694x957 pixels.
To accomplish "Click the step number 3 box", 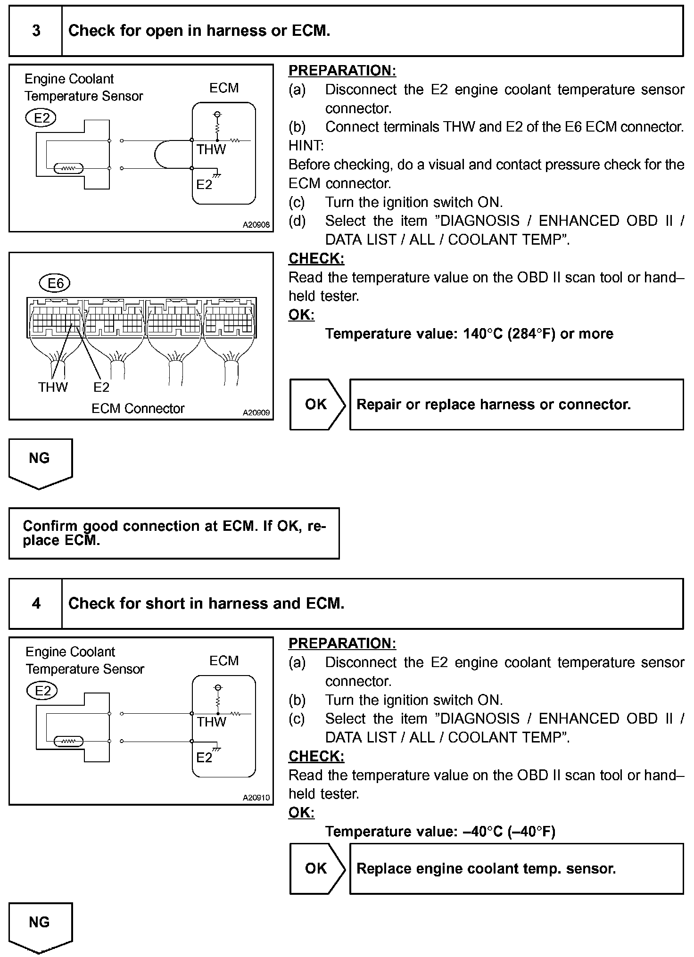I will coord(36,31).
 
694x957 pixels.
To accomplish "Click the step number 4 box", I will coord(36,603).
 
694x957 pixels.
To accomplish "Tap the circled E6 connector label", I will coord(55,283).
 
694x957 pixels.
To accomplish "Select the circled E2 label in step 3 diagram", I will coord(41,117).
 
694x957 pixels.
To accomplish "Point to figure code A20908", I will coord(256,225).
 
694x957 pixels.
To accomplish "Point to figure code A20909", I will coord(256,413).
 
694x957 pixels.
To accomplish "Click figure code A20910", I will coord(256,798).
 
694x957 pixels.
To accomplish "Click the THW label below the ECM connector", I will coord(53,387).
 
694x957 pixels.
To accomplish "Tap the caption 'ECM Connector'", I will coord(138,408).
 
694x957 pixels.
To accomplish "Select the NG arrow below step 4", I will coord(40,927).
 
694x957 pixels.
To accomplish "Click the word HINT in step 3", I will coord(306,146).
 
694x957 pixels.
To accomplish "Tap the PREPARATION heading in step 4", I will coord(342,643).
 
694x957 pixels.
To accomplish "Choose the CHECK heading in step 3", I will coord(316,258).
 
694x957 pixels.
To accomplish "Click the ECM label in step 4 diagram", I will coord(224,660).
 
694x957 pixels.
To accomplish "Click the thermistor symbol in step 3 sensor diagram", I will coord(69,168).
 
